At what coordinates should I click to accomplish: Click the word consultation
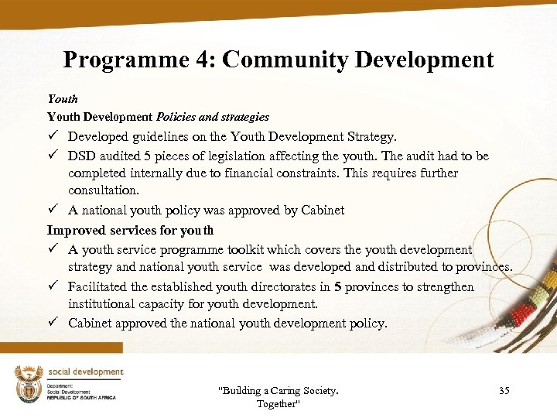point(104,190)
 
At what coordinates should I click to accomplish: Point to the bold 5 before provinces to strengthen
point(337,286)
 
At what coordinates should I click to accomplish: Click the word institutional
point(104,303)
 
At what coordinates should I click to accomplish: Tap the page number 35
point(504,391)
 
